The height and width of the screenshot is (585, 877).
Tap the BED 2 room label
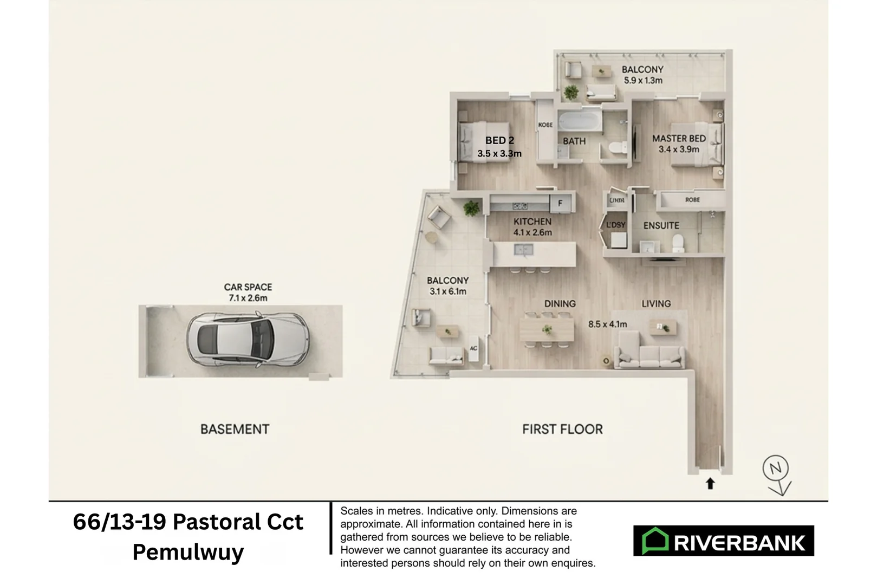click(x=499, y=141)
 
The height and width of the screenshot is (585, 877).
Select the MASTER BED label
click(x=679, y=139)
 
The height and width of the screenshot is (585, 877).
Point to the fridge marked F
click(x=561, y=203)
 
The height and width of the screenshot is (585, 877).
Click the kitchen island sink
click(x=523, y=250)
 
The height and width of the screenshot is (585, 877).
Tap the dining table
click(x=547, y=329)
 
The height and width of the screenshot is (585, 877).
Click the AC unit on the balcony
click(x=473, y=348)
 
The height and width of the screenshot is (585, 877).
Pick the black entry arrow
click(x=710, y=483)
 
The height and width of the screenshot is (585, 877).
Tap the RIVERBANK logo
click(x=723, y=541)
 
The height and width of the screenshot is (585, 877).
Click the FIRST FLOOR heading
click(x=562, y=430)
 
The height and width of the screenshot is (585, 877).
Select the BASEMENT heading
click(x=235, y=430)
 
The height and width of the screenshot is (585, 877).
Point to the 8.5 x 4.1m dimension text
click(x=607, y=324)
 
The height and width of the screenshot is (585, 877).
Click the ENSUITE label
click(x=661, y=225)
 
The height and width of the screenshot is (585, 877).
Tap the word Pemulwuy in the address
click(x=188, y=552)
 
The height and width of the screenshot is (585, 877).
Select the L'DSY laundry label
click(x=615, y=225)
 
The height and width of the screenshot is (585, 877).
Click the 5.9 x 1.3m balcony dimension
click(x=643, y=81)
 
